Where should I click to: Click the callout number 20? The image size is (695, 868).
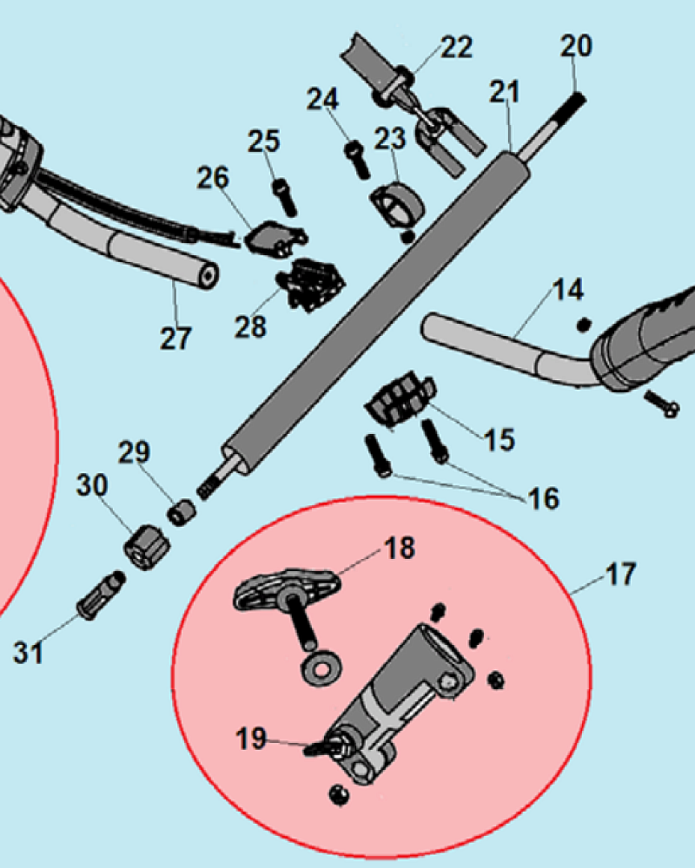575,45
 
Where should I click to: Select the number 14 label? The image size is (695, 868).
568,291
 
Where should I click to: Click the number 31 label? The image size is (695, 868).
29,651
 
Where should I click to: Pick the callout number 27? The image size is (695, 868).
175,338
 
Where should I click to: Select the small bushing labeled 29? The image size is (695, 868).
180,514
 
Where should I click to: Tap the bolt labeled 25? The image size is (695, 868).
284,195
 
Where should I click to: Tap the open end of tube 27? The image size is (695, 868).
208,277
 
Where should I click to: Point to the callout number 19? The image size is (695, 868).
251,739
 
